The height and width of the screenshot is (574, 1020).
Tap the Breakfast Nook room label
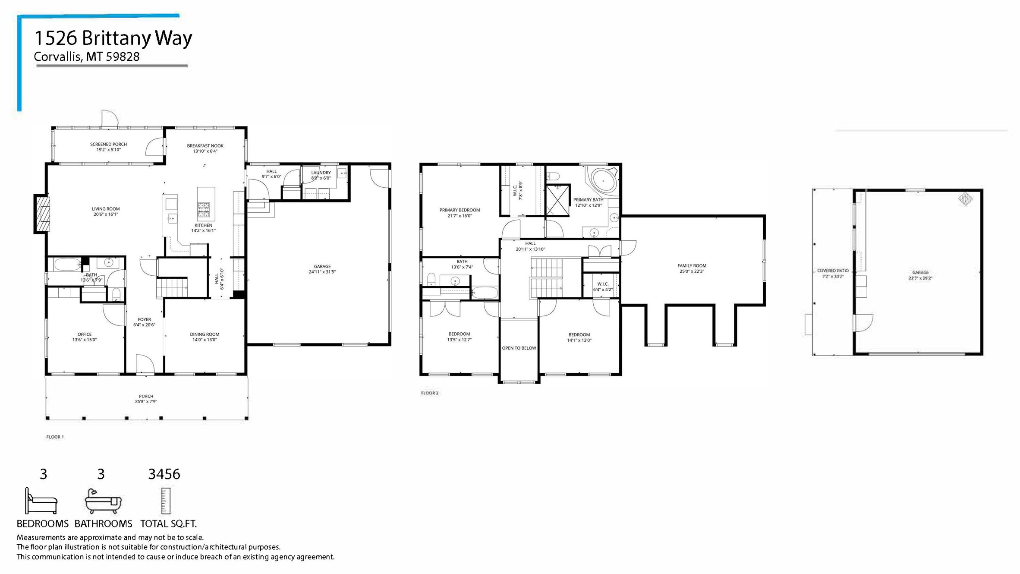pyautogui.click(x=205, y=146)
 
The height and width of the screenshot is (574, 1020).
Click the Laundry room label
pyautogui.click(x=321, y=173)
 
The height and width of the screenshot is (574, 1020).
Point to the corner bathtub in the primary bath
pyautogui.click(x=603, y=180)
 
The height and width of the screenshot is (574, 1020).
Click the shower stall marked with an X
pyautogui.click(x=557, y=200)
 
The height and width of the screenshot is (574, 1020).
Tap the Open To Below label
pyautogui.click(x=519, y=348)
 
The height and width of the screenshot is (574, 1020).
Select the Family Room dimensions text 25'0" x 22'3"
pyautogui.click(x=692, y=271)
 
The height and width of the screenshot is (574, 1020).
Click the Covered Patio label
pyautogui.click(x=833, y=271)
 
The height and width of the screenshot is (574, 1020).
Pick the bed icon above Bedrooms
pyautogui.click(x=41, y=501)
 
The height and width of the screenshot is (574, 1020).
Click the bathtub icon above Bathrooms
pyautogui.click(x=103, y=501)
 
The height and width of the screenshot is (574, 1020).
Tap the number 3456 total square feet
pyautogui.click(x=164, y=474)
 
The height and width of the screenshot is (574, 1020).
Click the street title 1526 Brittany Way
pyautogui.click(x=113, y=38)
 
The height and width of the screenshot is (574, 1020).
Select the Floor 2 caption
pyautogui.click(x=429, y=393)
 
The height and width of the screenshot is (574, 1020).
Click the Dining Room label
pyautogui.click(x=205, y=334)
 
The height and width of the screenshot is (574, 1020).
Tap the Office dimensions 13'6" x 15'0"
pyautogui.click(x=85, y=340)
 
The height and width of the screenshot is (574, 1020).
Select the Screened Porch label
pyautogui.click(x=108, y=144)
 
